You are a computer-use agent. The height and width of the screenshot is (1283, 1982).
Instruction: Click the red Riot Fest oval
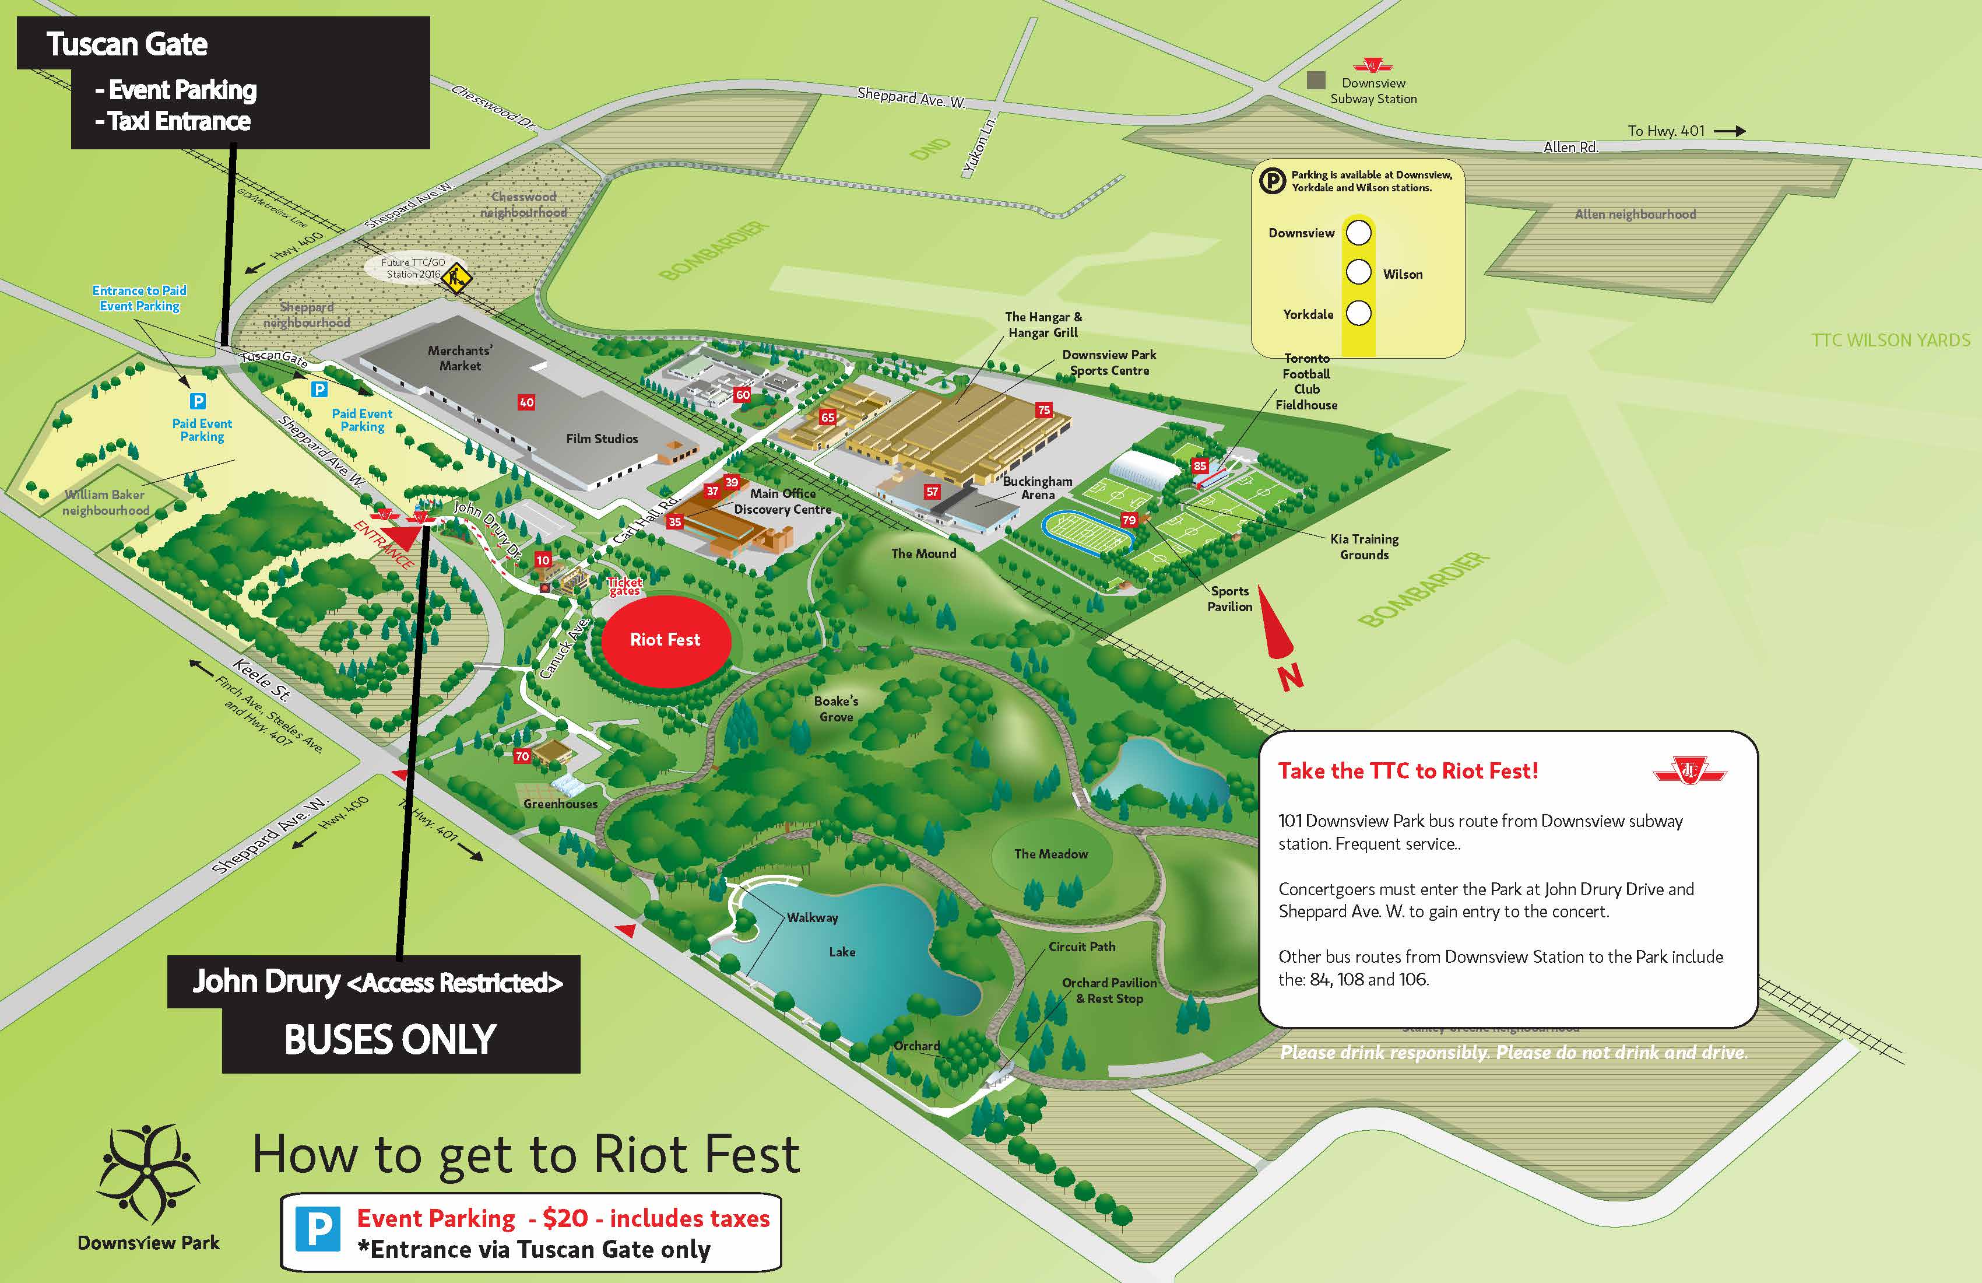point(665,640)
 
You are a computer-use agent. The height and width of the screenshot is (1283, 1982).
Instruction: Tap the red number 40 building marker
point(526,402)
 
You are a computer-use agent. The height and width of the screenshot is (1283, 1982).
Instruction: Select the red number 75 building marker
point(1043,410)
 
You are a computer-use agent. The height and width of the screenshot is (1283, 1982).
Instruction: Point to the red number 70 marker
point(522,756)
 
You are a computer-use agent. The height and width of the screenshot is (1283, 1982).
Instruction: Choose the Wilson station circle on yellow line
point(1358,272)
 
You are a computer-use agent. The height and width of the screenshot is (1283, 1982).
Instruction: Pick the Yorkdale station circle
point(1358,313)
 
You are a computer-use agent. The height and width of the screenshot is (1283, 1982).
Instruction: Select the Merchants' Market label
point(460,358)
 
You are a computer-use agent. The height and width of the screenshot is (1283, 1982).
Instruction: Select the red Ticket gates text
point(624,587)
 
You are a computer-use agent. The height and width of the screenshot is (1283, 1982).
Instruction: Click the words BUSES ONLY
point(390,1040)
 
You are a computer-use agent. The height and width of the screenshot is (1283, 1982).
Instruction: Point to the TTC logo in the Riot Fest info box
point(1690,770)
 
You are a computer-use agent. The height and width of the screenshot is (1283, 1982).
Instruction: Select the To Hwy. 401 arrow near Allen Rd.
point(1729,131)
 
